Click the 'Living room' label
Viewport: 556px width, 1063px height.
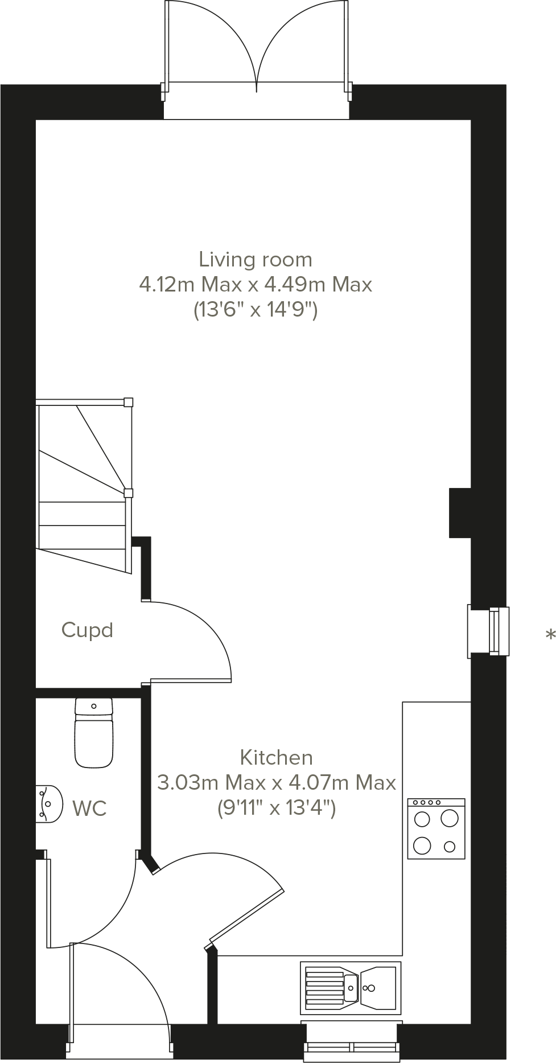[x=256, y=260]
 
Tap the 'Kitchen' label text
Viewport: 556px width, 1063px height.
[x=276, y=757]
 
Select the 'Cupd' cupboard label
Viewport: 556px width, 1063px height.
[x=87, y=630]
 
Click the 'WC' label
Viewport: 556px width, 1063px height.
[x=89, y=808]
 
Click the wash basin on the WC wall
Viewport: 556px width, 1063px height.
[x=48, y=804]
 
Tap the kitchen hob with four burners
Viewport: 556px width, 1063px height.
[x=436, y=828]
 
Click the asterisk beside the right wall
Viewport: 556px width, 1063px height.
[x=550, y=634]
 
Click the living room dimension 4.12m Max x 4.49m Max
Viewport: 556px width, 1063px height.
[x=256, y=284]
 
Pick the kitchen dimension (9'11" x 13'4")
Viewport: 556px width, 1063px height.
[x=277, y=807]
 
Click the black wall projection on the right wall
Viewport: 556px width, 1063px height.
[x=460, y=512]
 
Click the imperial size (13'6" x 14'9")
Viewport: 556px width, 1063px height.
[x=256, y=310]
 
